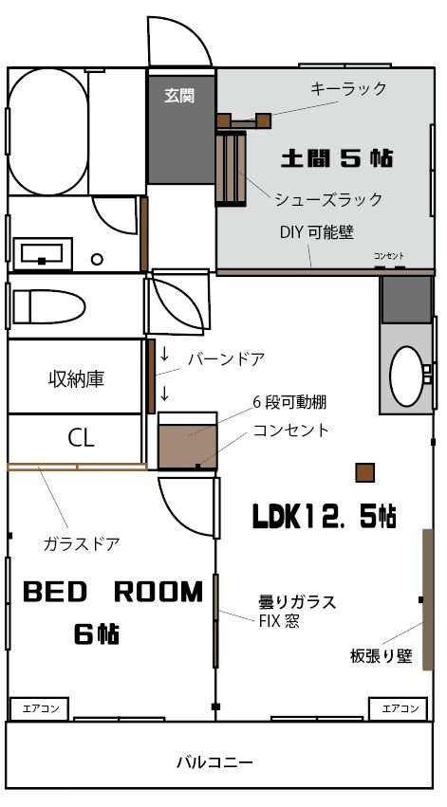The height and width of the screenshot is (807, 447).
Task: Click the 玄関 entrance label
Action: click(x=179, y=95)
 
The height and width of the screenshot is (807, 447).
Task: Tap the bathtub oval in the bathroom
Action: click(x=47, y=132)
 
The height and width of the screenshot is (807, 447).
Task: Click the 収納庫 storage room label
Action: click(x=76, y=379)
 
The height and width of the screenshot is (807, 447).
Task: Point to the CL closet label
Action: click(x=82, y=438)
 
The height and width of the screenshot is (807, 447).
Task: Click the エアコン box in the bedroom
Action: click(x=38, y=708)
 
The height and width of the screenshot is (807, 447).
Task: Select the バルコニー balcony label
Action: click(x=215, y=761)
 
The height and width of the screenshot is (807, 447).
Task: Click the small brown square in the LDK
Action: click(x=365, y=472)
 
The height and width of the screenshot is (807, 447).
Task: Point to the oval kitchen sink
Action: click(x=407, y=376)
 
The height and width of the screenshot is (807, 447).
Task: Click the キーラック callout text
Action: click(x=348, y=89)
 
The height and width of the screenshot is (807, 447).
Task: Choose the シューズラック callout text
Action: click(x=328, y=199)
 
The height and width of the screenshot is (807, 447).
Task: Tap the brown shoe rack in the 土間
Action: click(x=231, y=168)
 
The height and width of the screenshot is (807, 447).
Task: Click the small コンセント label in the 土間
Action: click(x=389, y=256)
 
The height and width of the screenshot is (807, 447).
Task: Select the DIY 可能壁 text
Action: click(x=317, y=232)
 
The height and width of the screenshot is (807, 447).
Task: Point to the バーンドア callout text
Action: click(x=226, y=359)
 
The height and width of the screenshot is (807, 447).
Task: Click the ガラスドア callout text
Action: click(x=82, y=543)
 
